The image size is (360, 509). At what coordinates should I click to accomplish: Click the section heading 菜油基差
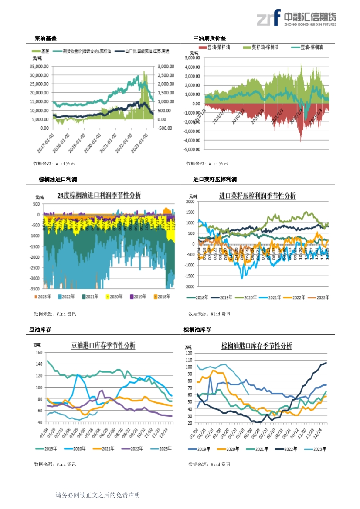coord(45,39)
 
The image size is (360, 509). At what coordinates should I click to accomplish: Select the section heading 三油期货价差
coord(210,39)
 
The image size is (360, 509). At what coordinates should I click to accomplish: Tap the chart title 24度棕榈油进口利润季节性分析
coord(99,196)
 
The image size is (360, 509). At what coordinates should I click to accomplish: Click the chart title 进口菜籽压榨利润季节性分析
coord(257,196)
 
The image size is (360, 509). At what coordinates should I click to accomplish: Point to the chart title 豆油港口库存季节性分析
coord(103,346)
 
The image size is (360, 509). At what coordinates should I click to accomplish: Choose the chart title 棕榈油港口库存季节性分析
coord(257,346)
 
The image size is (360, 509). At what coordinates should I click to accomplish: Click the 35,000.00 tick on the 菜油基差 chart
coord(39,67)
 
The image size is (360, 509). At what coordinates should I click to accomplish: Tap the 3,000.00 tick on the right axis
coord(166,67)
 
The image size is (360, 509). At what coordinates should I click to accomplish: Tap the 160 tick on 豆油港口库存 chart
coord(39,352)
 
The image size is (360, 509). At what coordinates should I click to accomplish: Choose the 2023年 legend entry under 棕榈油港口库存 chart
coord(320,449)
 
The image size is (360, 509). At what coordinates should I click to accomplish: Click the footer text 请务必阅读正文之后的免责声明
coord(98,495)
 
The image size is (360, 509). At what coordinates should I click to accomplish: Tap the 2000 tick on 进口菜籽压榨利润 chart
coord(190,202)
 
